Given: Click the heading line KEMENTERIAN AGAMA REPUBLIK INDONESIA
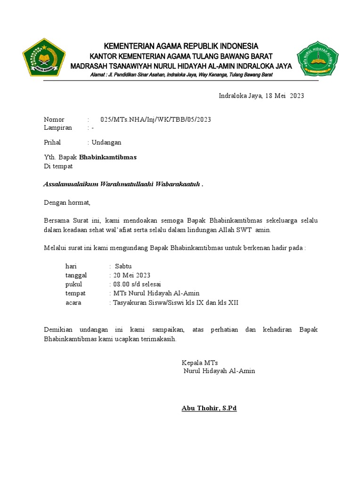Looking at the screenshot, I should point(181,46).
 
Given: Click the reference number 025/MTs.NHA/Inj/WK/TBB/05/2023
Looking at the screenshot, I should point(156,119).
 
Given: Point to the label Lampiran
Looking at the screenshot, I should point(58,128).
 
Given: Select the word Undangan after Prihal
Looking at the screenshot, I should point(107,142).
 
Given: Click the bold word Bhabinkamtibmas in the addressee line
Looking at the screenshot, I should point(108,158).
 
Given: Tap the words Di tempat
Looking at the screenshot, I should point(58,166).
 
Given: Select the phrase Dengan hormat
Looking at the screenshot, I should point(67,203).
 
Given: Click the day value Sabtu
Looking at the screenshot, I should point(124,266).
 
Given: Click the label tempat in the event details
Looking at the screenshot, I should point(75,293).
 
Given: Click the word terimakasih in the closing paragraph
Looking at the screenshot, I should point(160,339).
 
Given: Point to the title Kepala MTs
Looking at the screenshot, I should point(200,363).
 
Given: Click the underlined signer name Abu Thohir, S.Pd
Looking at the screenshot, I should point(209,408).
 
